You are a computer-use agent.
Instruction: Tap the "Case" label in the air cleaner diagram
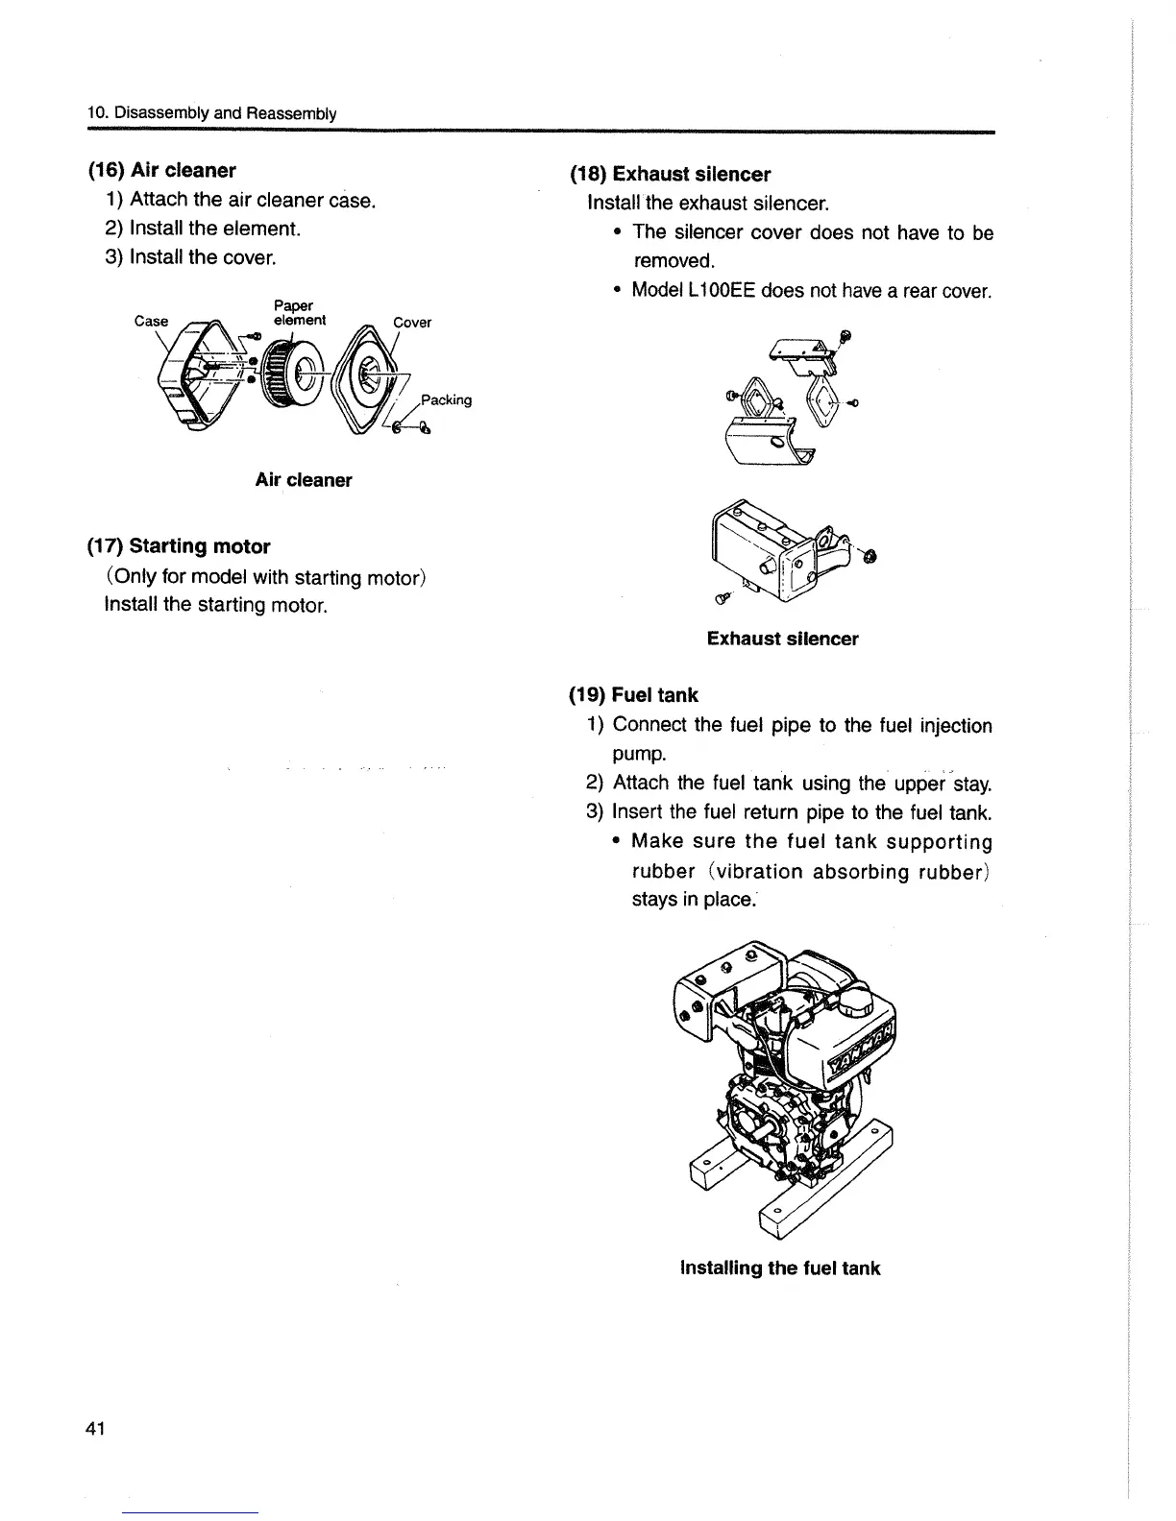pyautogui.click(x=151, y=322)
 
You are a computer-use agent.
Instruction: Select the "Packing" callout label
pyautogui.click(x=447, y=400)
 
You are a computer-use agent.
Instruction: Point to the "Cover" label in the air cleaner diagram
pyautogui.click(x=412, y=323)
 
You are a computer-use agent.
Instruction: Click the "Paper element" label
pyautogui.click(x=299, y=313)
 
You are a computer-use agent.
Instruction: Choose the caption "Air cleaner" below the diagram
pyautogui.click(x=304, y=480)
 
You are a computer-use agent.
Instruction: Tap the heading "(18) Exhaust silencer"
pyautogui.click(x=671, y=175)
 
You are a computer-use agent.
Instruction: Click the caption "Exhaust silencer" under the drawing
pyautogui.click(x=782, y=639)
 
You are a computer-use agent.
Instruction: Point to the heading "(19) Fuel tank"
pyautogui.click(x=634, y=695)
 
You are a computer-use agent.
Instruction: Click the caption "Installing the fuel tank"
pyautogui.click(x=779, y=1267)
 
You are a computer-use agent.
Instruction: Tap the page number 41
pyautogui.click(x=95, y=1428)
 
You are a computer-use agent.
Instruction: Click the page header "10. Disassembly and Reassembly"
pyautogui.click(x=211, y=113)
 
